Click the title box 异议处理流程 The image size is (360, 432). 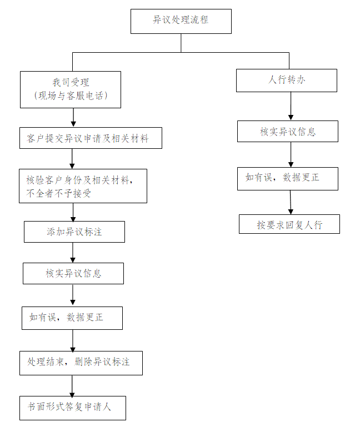tap(181, 21)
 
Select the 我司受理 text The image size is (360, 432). tap(71, 83)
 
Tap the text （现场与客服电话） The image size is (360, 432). tap(71, 96)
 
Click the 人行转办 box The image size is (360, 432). tap(286, 80)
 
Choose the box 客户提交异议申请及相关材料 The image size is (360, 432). tap(91, 138)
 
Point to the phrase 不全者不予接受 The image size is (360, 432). tap(58, 193)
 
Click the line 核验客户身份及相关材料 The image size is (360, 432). tap(79, 179)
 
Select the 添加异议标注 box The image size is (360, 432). tap(74, 232)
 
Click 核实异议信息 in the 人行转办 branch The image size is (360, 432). tap(287, 132)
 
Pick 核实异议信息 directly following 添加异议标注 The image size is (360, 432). tap(73, 273)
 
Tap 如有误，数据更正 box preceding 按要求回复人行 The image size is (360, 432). tap(287, 178)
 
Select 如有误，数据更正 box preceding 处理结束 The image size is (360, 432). tap(72, 318)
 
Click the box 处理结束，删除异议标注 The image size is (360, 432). tap(81, 362)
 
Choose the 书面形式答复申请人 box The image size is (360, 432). tap(73, 407)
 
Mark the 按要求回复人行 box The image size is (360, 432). tap(289, 224)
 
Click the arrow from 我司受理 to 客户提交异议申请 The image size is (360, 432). tap(73, 117)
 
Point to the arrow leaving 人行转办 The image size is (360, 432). tap(290, 106)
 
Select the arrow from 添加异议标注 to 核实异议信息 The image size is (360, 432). tap(73, 253)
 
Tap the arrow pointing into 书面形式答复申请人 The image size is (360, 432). tap(72, 385)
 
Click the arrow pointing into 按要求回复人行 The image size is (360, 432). tap(289, 203)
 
